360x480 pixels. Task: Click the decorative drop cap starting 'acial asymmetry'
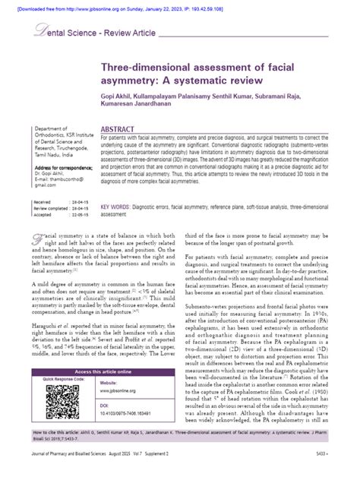(37, 238)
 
